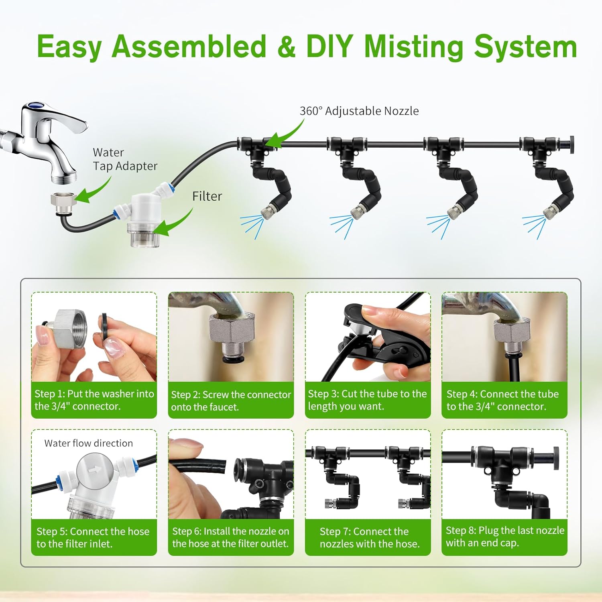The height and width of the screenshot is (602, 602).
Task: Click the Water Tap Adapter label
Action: coord(124,159)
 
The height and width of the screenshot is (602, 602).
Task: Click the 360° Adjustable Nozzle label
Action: coord(359,111)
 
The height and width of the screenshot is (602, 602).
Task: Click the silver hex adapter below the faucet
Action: coord(63,203)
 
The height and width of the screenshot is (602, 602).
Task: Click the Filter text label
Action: coord(207,196)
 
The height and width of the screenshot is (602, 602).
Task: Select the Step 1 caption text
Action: coord(94,400)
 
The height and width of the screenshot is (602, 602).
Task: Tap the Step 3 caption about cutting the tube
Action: coord(367,400)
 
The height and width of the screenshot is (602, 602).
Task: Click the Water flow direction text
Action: coord(88,443)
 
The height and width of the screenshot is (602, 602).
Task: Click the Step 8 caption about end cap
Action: coord(504,537)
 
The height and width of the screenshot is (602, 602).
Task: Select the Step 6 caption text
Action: coord(230,537)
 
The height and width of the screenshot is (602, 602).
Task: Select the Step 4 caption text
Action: coord(502,400)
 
